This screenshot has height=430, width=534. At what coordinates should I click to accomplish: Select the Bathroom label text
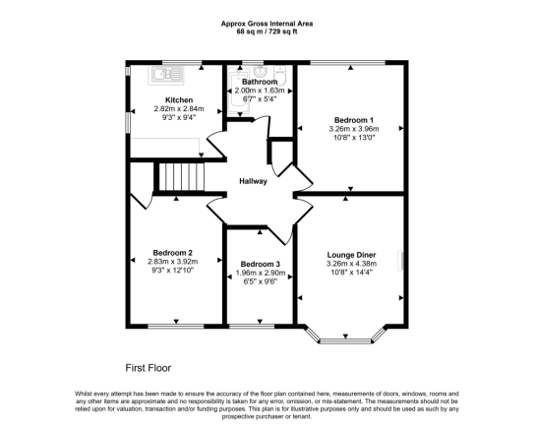261,81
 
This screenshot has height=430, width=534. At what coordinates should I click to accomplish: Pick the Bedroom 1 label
352,119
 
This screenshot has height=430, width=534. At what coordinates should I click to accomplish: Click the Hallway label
254,181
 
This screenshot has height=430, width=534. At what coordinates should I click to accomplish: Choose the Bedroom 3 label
260,264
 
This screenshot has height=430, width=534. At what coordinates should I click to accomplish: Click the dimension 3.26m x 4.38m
352,263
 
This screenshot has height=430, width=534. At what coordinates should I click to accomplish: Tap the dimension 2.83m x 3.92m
172,261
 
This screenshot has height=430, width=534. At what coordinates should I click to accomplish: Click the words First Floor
148,366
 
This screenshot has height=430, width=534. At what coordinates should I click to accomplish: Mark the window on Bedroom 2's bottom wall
176,324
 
